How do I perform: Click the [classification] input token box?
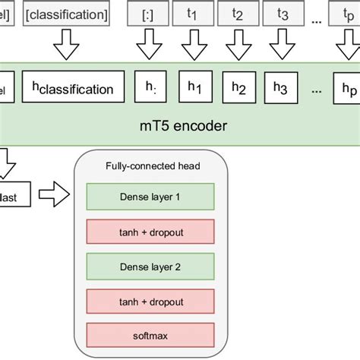coord(67,14)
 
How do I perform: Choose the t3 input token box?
coord(283,14)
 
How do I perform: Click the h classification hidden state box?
coord(73,89)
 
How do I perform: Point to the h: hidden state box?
coord(149,88)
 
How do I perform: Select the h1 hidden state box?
coord(194,89)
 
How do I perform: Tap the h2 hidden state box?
coord(238,89)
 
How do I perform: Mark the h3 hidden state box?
coord(283,89)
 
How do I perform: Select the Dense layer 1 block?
coord(150,197)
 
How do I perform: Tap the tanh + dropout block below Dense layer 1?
coord(150,231)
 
